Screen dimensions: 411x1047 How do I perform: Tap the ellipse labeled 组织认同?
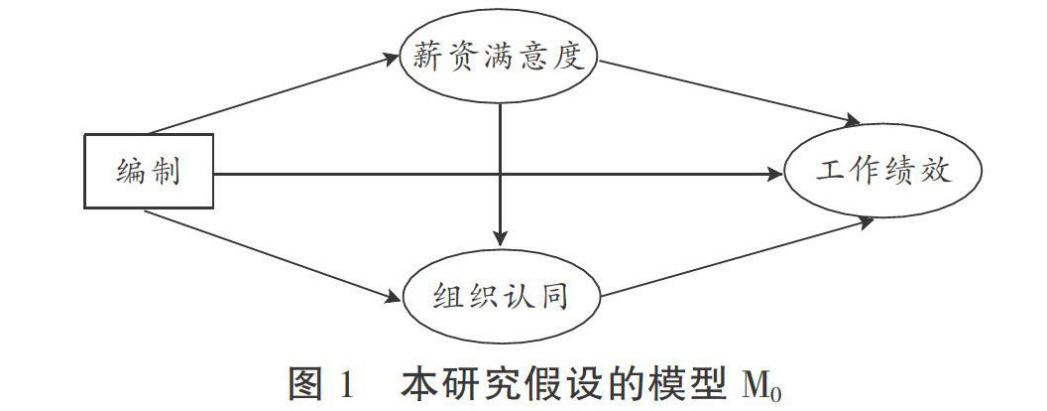(x=501, y=294)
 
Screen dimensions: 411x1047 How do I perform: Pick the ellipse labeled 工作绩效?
(x=882, y=174)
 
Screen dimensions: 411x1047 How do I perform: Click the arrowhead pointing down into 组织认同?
(x=501, y=237)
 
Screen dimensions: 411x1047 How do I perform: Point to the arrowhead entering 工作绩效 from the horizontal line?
(x=774, y=174)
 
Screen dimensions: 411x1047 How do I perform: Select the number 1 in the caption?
(x=349, y=383)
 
